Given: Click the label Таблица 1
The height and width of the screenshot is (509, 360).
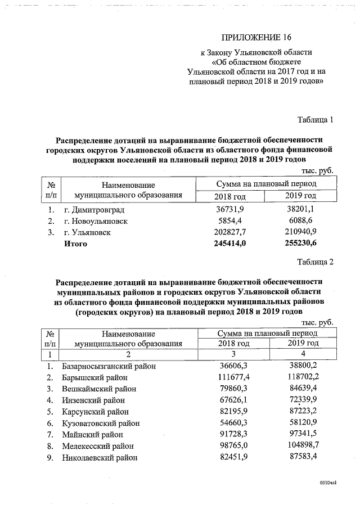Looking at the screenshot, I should click(x=315, y=119).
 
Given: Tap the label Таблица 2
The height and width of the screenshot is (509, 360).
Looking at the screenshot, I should click(x=315, y=262).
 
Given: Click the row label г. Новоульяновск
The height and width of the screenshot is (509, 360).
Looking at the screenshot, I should click(x=95, y=221).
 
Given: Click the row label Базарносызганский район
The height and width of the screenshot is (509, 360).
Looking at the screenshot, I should click(x=109, y=367).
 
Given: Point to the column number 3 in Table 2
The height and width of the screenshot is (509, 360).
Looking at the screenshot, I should click(x=233, y=354).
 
